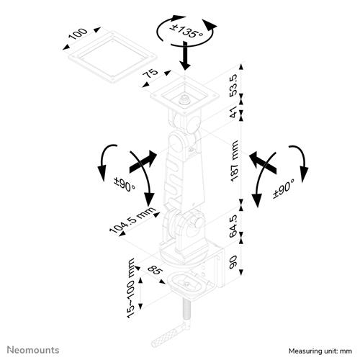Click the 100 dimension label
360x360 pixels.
click(x=79, y=35)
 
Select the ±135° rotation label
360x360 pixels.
click(x=186, y=31)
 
